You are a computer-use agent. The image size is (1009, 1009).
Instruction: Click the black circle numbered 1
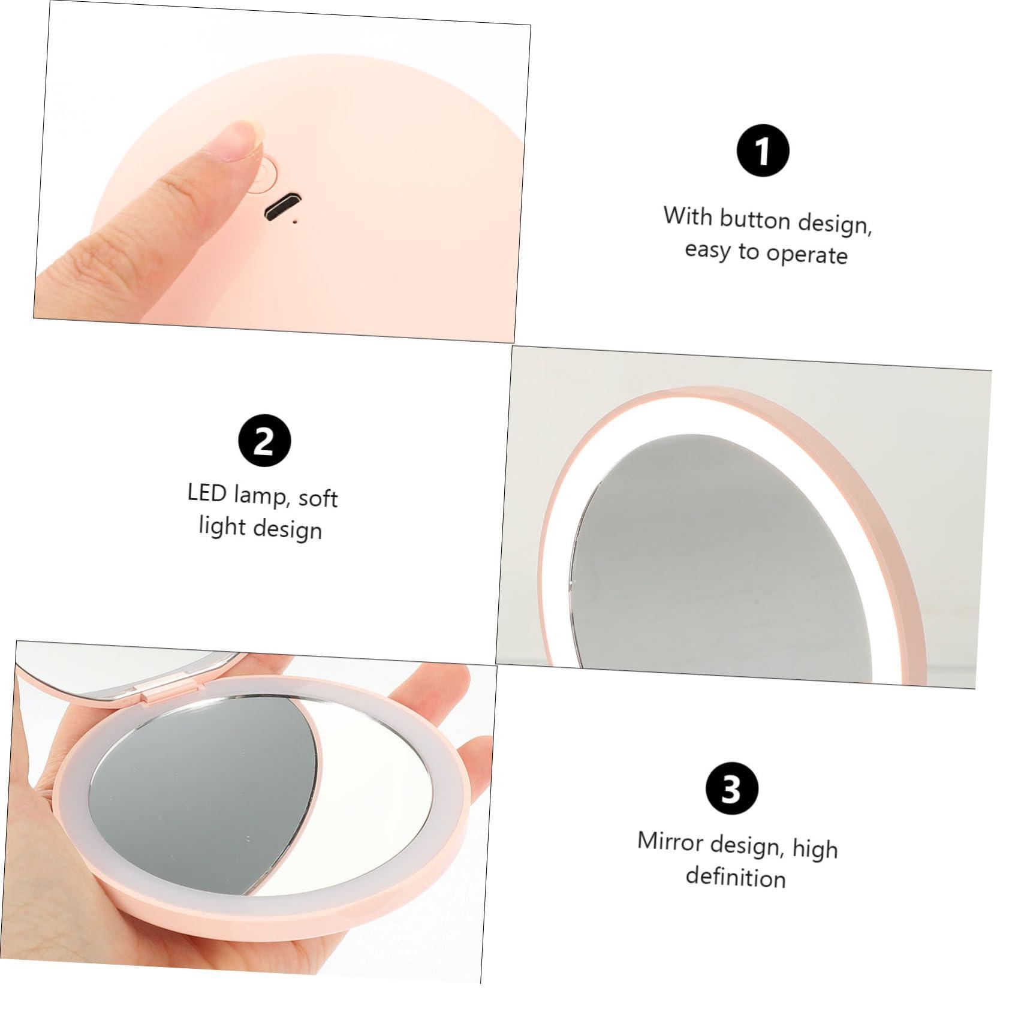click(762, 151)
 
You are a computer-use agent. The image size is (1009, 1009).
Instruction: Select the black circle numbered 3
click(731, 789)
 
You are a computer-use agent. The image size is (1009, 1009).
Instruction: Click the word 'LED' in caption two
click(207, 493)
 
